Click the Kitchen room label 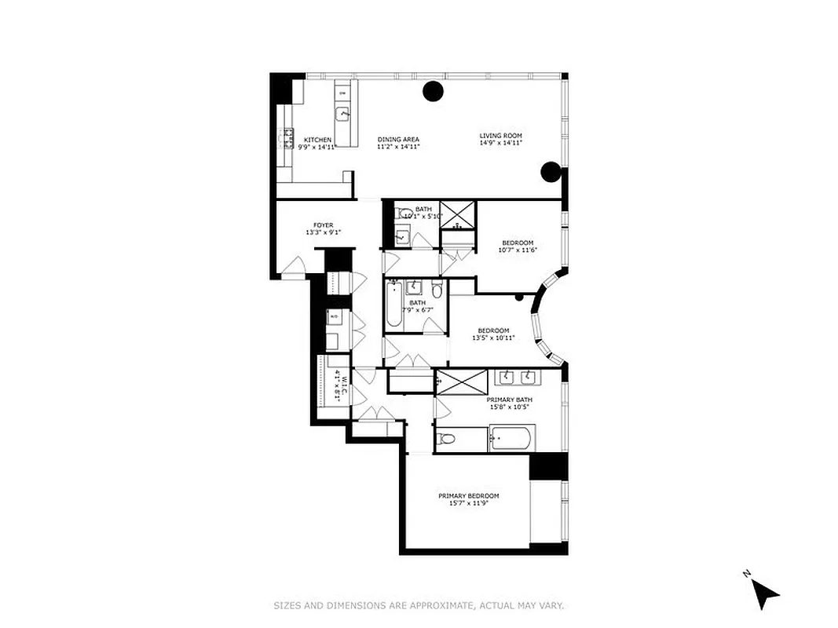pyautogui.click(x=318, y=140)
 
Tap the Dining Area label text pyautogui.click(x=398, y=140)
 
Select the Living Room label pyautogui.click(x=500, y=136)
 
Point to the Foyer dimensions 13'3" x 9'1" pyautogui.click(x=324, y=232)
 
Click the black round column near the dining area pyautogui.click(x=433, y=91)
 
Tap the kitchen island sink pyautogui.click(x=343, y=115)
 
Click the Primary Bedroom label pyautogui.click(x=468, y=495)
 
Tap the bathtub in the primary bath pyautogui.click(x=511, y=438)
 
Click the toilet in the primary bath pyautogui.click(x=447, y=439)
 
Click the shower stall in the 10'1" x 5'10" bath pyautogui.click(x=457, y=214)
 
